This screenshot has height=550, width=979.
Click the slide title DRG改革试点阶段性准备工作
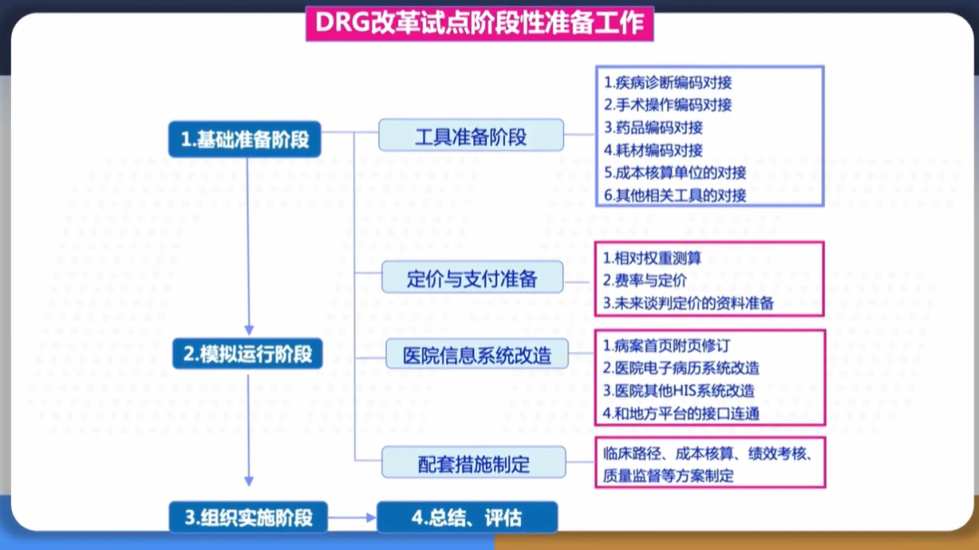[x=480, y=23]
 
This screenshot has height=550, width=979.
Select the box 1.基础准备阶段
[x=245, y=140]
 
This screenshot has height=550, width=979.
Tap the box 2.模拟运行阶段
[x=247, y=353]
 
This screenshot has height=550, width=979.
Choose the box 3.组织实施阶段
[x=247, y=517]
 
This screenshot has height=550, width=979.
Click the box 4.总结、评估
[x=467, y=517]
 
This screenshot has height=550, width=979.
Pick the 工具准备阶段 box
[x=470, y=138]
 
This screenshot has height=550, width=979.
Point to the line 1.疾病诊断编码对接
[x=668, y=82]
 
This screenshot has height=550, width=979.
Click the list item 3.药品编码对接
[x=653, y=128]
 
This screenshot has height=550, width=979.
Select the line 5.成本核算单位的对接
[x=674, y=172]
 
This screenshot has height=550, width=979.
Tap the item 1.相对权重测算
[x=652, y=258]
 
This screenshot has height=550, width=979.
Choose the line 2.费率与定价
[x=645, y=281]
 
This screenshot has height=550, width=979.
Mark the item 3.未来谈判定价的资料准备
[x=688, y=304]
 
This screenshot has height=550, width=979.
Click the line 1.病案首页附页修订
[x=666, y=345]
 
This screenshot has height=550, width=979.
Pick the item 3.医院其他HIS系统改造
[x=678, y=391]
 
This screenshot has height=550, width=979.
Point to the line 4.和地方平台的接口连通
[x=681, y=413]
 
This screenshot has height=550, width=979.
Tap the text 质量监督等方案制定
[x=668, y=476]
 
